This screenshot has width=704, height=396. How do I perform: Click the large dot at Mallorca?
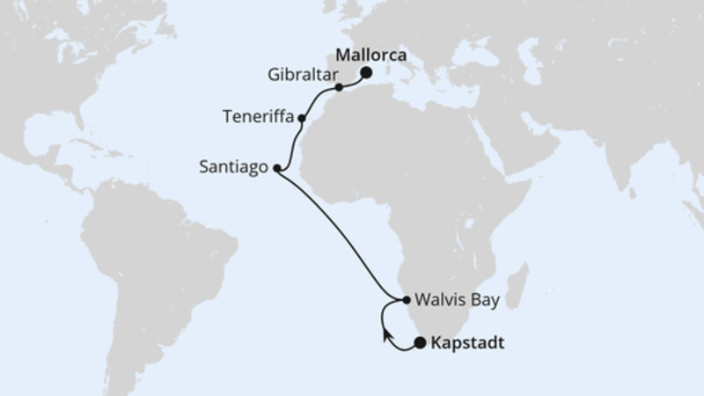[365, 73]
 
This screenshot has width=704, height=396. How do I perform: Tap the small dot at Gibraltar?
[339, 88]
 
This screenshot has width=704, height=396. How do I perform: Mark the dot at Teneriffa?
[302, 117]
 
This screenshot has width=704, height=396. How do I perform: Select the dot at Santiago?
[277, 168]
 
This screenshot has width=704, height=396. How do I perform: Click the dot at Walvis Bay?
[406, 301]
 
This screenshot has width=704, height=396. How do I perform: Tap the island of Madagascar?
[517, 286]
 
